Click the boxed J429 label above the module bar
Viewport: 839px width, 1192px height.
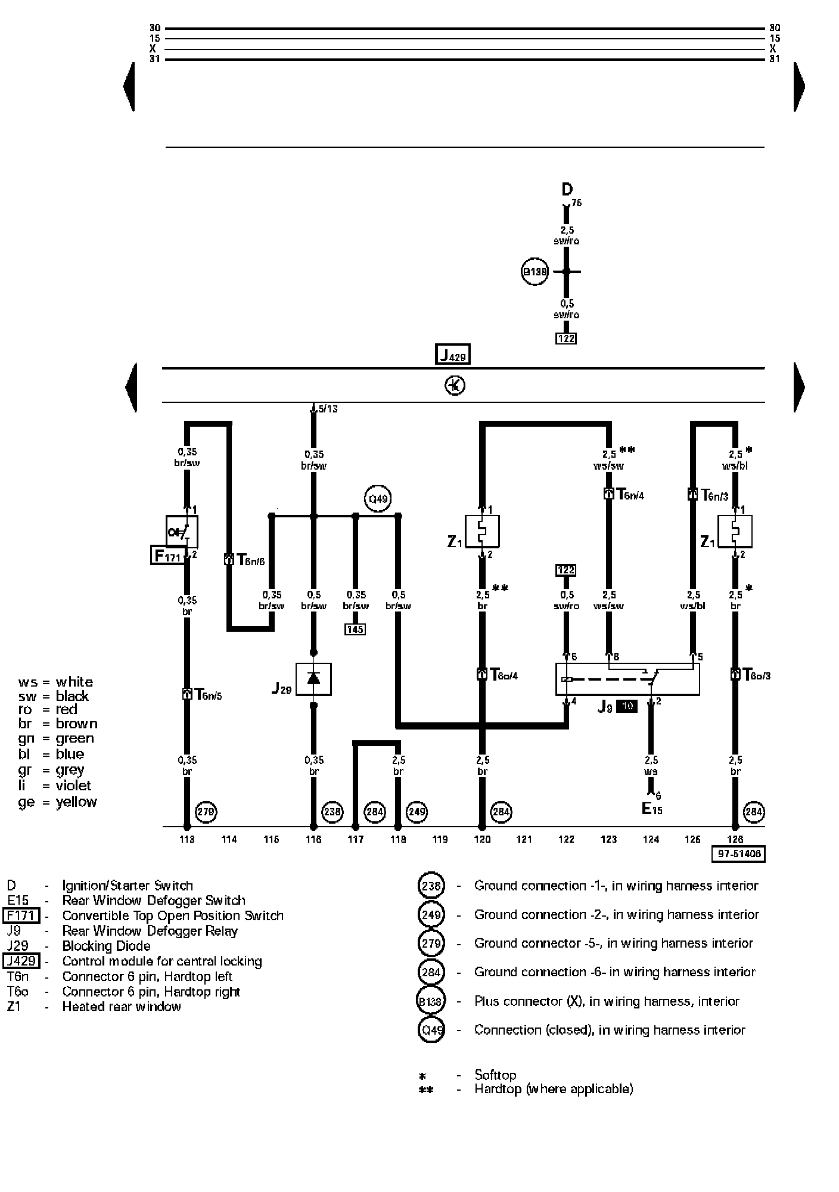453,355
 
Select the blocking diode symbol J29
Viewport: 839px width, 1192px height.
313,679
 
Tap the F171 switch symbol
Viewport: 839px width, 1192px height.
182,532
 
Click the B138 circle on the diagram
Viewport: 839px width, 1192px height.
535,272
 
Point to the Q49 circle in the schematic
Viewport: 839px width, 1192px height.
378,499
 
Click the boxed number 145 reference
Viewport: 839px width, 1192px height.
355,629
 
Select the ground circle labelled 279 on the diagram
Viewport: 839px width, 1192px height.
206,812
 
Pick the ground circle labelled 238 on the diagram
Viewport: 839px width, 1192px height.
333,812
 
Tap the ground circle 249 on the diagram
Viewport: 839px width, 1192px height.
417,812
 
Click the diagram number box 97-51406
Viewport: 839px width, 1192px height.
738,854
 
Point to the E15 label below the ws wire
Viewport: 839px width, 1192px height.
651,809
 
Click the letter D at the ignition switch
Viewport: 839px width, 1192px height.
567,190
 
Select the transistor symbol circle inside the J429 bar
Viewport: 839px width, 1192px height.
455,386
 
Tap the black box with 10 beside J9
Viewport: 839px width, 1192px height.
626,706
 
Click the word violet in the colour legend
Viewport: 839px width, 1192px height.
73,786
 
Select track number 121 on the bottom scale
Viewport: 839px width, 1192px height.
524,839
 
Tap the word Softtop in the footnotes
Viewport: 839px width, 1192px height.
495,1075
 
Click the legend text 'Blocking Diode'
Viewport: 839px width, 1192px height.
106,946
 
